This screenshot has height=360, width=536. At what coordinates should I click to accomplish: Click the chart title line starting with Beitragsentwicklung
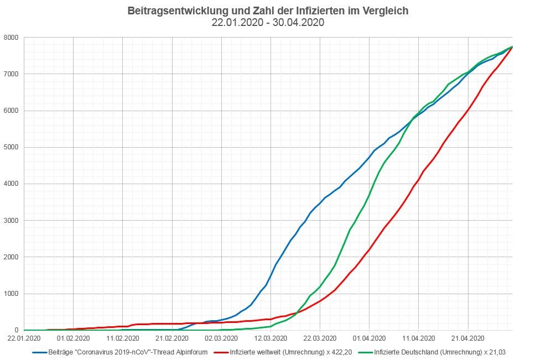[x=268, y=11]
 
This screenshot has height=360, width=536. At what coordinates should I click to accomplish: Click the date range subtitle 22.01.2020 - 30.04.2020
[x=268, y=23]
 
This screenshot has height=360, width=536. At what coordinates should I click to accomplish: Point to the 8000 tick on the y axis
[x=11, y=38]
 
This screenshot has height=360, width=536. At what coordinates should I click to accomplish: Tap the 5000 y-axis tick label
[x=11, y=147]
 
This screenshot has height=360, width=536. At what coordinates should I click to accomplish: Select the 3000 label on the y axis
[x=11, y=221]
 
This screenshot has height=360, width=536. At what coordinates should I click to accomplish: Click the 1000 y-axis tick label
[x=11, y=294]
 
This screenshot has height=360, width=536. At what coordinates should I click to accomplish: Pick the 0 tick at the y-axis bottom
[x=17, y=330]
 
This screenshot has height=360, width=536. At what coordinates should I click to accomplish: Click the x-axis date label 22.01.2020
[x=24, y=338]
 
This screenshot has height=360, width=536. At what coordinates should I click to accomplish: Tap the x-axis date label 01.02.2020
[x=74, y=338]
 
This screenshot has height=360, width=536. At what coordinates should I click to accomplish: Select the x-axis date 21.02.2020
[x=172, y=338]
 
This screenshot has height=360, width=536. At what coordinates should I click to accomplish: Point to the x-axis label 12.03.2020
[x=271, y=338]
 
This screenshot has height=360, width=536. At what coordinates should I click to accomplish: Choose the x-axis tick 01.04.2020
[x=370, y=338]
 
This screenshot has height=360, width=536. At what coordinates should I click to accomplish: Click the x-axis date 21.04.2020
[x=468, y=338]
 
